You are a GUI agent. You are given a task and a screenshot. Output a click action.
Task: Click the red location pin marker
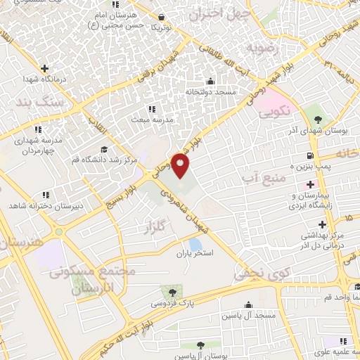pyautogui.click(x=181, y=166)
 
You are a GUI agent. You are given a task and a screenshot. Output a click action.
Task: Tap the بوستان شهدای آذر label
pyautogui.click(x=310, y=131)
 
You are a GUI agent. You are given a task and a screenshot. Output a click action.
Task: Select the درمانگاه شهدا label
pyautogui.click(x=44, y=79)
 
